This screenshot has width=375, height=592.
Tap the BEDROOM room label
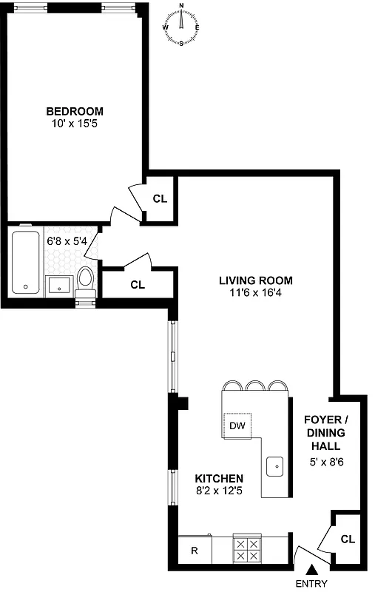click(75, 112)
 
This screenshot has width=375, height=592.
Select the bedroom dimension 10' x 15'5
click(75, 124)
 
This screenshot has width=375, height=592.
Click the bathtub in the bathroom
click(25, 262)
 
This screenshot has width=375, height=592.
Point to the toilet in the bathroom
click(86, 282)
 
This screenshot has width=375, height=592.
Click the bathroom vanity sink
click(58, 284)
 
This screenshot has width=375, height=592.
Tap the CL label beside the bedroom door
click(161, 198)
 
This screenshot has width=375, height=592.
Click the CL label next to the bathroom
click(137, 284)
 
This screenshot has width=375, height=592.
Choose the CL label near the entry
click(348, 539)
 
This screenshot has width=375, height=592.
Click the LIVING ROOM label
click(255, 280)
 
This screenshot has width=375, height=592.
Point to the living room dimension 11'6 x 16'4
click(255, 293)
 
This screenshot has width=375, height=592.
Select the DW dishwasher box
click(237, 425)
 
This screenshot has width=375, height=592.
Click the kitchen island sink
click(275, 466)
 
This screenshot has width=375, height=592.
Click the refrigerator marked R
click(195, 551)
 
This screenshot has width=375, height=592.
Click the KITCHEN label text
click(219, 479)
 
